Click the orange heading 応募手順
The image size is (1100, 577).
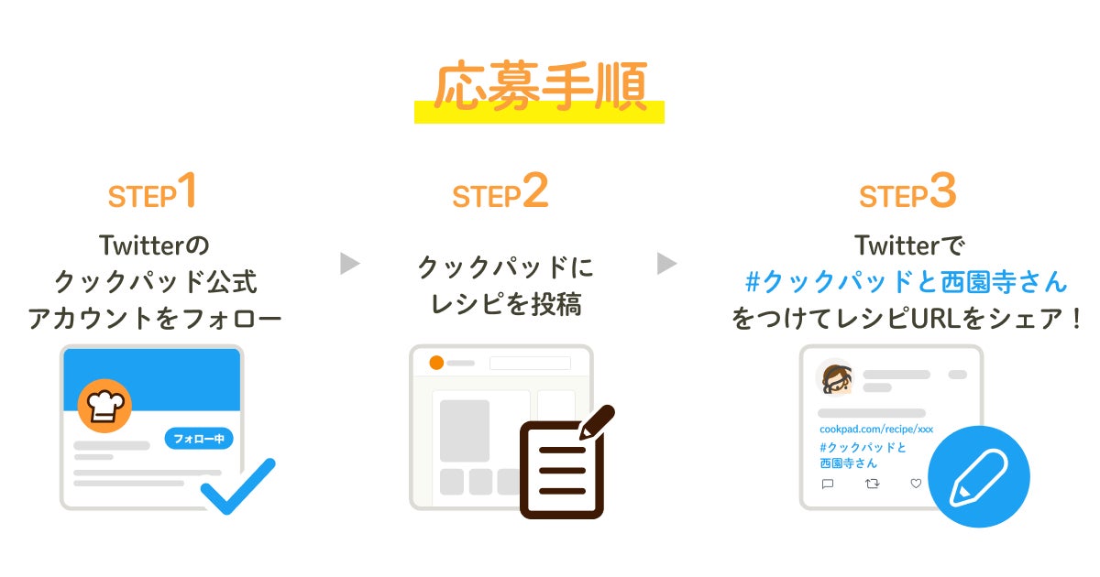pos(538,89)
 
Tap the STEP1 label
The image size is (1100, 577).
pos(153,193)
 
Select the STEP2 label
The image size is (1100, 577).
pos(500,193)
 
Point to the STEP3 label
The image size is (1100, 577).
pos(907,193)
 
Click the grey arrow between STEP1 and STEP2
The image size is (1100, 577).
pos(349,264)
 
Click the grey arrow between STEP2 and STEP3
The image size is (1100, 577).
pos(666,264)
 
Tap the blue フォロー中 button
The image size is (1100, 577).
pos(199,439)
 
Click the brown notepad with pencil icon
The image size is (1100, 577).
pos(562,467)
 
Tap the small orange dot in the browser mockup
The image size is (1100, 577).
pos(436,363)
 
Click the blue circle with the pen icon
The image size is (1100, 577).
pos(978,476)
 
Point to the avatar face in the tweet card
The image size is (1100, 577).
pos(835,377)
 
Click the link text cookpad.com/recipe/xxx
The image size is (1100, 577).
pos(875,429)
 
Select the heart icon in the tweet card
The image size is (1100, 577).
pos(915,484)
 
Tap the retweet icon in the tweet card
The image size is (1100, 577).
pos(872,484)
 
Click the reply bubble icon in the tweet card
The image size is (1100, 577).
pos(828,484)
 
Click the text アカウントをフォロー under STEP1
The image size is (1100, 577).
pos(154,319)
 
